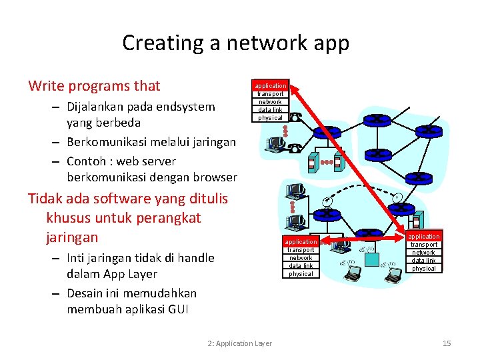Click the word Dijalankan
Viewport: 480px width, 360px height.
99,107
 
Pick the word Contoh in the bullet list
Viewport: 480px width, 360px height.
87,161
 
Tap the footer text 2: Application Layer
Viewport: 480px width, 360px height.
239,343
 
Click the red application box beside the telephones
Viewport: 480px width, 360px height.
270,85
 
